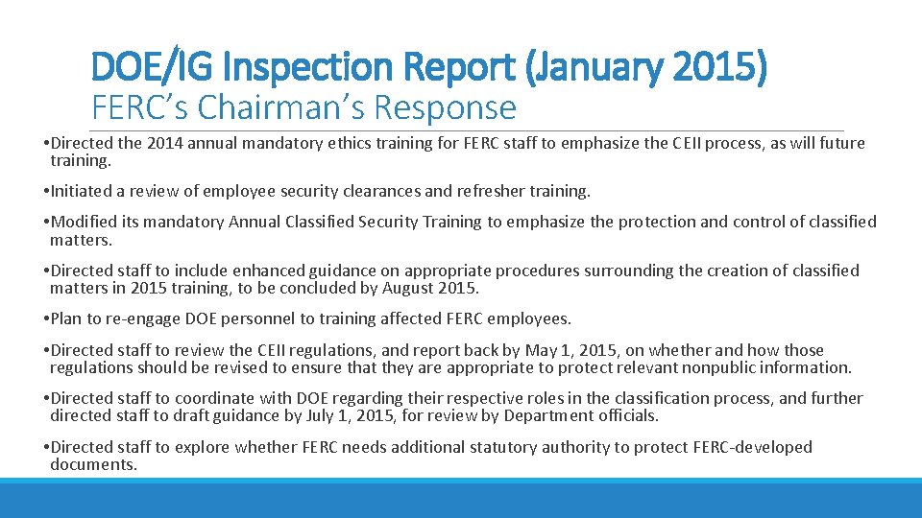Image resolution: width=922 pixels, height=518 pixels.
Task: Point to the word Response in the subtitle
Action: (447, 107)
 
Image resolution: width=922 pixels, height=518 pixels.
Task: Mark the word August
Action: (413, 288)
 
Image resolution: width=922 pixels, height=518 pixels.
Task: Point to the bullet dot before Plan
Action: (46, 319)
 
